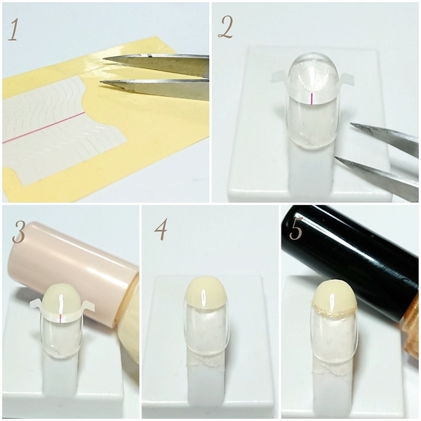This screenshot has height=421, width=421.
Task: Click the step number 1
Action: (x=13, y=30)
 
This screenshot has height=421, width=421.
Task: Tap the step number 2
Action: (x=226, y=28)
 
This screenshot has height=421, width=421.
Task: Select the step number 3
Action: (x=19, y=233)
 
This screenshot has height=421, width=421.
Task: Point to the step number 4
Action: (x=161, y=229)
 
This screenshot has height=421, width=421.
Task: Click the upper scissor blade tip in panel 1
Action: (x=104, y=59)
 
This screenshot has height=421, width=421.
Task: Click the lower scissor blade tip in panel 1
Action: (x=100, y=83)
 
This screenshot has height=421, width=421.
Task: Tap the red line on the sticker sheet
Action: (x=44, y=127)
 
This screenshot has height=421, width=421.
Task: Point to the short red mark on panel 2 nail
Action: (x=311, y=99)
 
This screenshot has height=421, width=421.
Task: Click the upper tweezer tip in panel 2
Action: (x=352, y=123)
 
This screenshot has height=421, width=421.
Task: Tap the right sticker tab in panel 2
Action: (x=347, y=79)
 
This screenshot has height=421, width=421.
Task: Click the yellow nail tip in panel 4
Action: (x=206, y=293)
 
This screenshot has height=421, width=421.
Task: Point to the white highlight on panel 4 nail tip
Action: (x=204, y=298)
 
